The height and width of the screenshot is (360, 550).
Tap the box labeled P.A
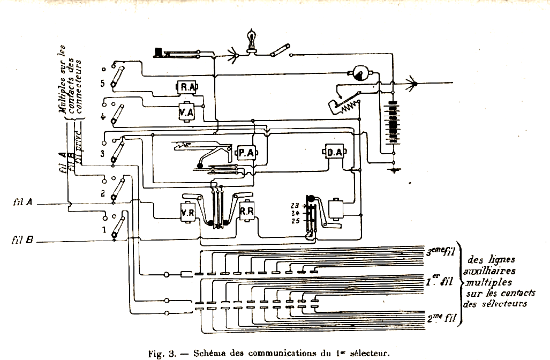246,154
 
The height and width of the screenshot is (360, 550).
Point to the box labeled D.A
334,154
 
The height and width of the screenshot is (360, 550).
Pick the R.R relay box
247,211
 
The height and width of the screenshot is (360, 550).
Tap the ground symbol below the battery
394,170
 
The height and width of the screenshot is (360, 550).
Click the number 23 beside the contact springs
295,205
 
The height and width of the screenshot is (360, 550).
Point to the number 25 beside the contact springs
295,220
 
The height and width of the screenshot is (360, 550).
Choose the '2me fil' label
442,318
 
